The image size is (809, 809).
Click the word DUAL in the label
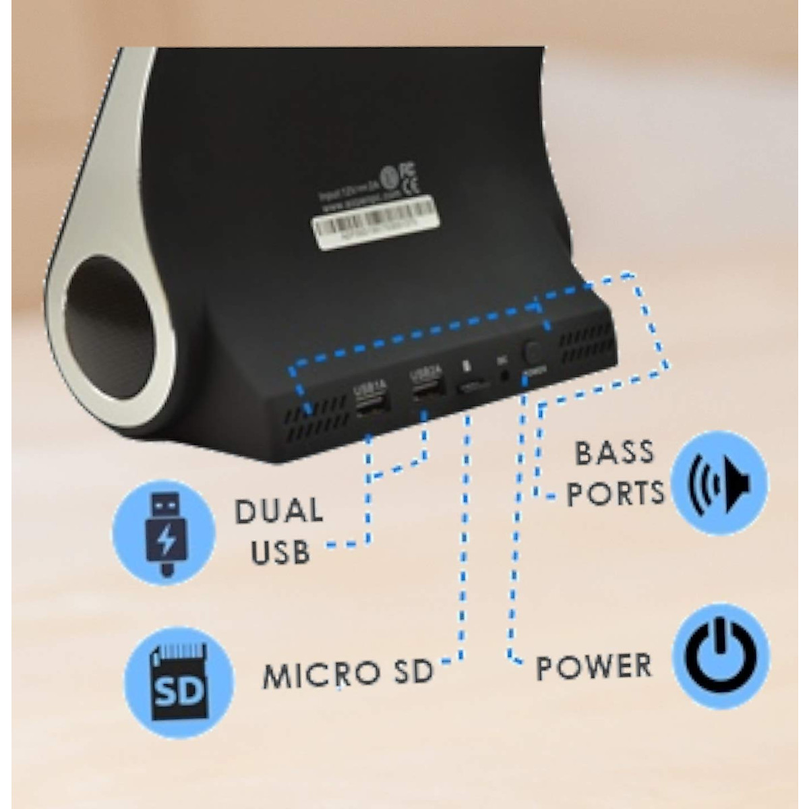click(278, 512)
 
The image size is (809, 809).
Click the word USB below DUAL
click(280, 553)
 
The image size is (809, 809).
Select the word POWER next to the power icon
click(594, 667)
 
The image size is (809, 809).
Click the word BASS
click(614, 452)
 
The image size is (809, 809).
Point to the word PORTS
click(615, 493)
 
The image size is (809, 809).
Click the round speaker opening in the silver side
click(110, 340)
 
